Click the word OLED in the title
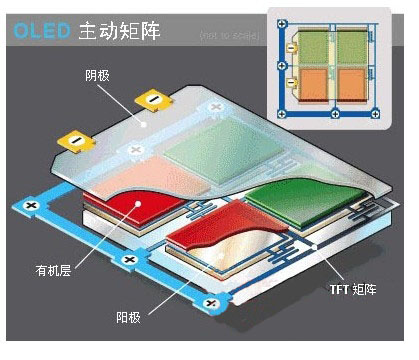coord(39,31)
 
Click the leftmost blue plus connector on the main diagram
coord(31,204)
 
